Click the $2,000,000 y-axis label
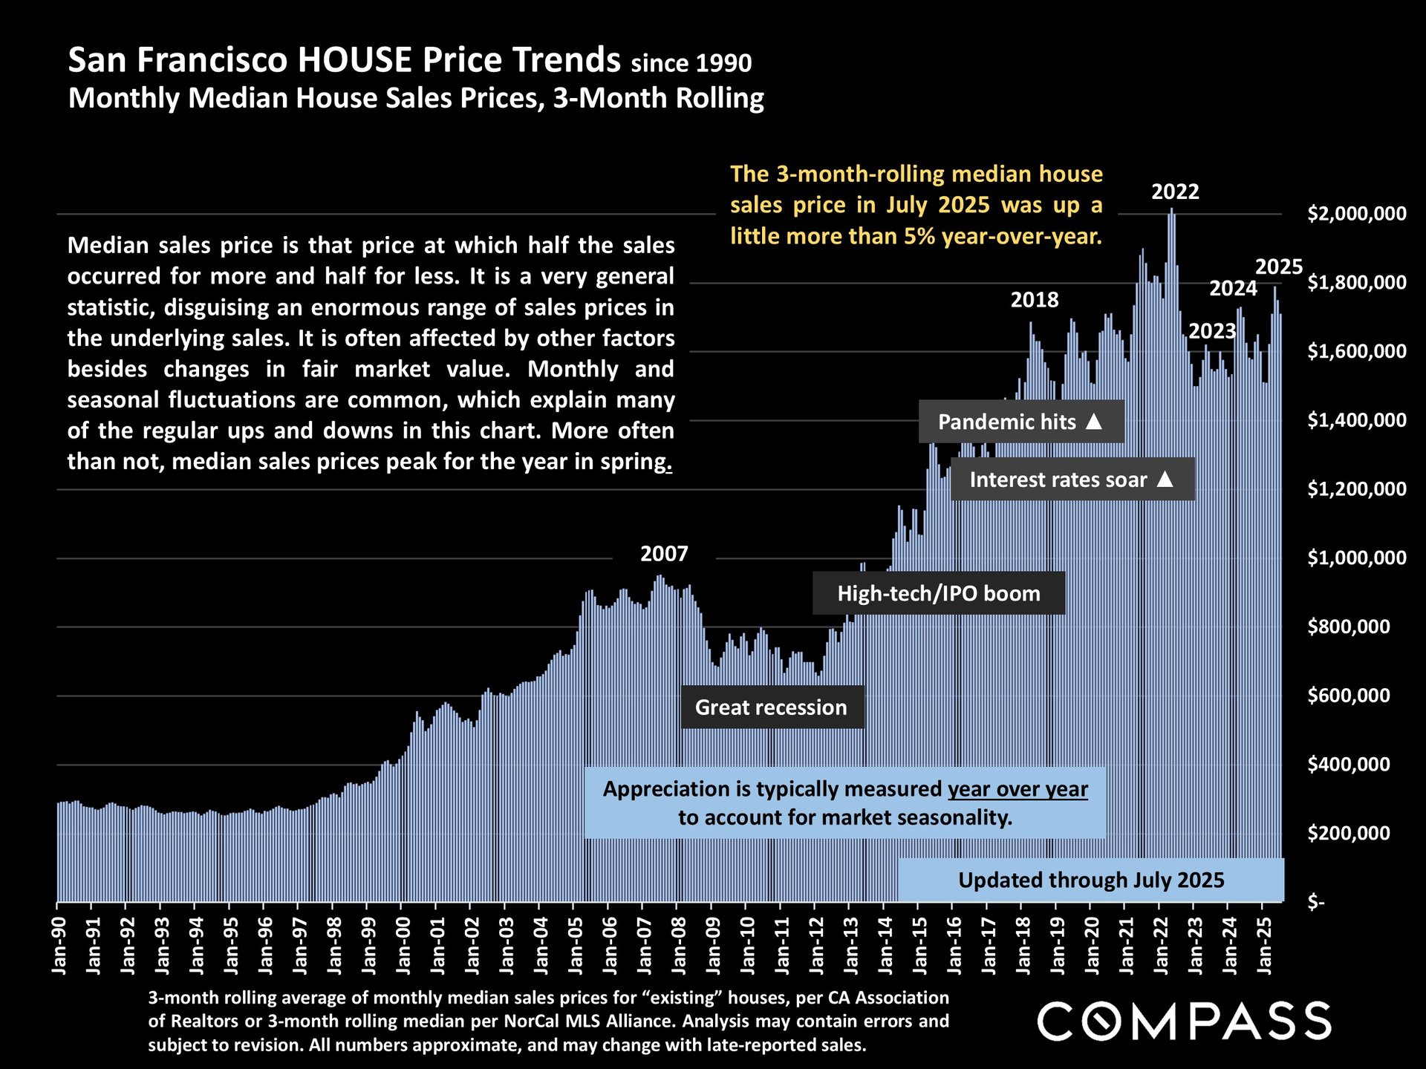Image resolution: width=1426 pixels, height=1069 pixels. (x=1356, y=214)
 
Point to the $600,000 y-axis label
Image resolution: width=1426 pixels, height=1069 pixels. (x=1349, y=696)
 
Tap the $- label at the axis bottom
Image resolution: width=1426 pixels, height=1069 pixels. (x=1315, y=902)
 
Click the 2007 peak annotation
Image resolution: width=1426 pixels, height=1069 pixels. (x=664, y=554)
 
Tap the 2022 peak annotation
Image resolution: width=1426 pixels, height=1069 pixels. (x=1175, y=192)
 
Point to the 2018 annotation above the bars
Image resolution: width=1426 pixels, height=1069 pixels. (x=1035, y=300)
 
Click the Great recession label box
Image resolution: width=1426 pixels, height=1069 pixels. (x=772, y=707)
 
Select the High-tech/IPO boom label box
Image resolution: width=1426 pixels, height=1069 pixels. (x=939, y=594)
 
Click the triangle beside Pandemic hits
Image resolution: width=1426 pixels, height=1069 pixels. (x=1093, y=422)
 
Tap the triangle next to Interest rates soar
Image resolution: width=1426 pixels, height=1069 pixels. (x=1165, y=480)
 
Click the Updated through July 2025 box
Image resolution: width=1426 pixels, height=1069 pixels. (x=1091, y=880)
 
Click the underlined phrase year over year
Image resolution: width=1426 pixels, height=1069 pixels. (x=1018, y=789)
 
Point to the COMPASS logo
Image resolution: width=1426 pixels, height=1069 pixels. (x=1184, y=1021)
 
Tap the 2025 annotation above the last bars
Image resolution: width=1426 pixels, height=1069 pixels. (x=1279, y=267)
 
